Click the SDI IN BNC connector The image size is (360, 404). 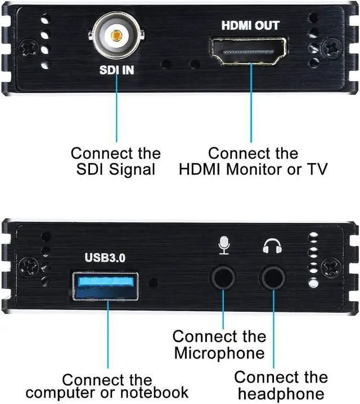116,35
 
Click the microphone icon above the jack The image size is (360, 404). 224,245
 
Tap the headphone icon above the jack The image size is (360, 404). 272,245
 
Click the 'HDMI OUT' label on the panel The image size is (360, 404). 250,25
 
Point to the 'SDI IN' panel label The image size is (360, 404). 116,71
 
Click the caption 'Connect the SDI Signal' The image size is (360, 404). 116,161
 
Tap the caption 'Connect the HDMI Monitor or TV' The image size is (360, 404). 253,161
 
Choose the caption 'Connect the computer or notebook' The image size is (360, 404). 107,386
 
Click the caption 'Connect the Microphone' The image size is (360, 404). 219,344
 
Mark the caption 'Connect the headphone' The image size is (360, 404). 280,385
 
